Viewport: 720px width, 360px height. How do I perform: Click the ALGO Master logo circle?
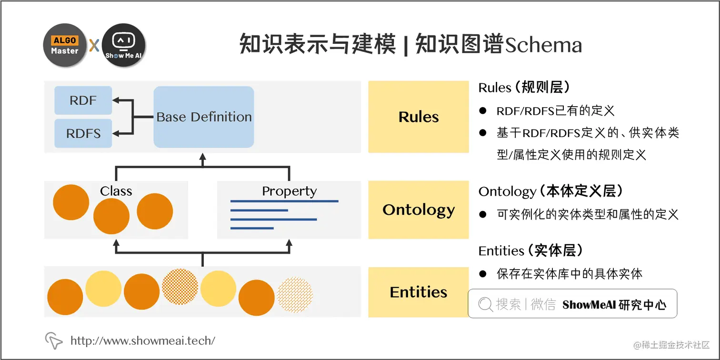(65, 46)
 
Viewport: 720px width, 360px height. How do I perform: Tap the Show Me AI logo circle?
(123, 46)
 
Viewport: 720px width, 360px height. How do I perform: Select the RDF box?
(83, 100)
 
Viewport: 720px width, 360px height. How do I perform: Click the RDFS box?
(83, 133)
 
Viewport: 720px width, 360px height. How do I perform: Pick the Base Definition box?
(204, 117)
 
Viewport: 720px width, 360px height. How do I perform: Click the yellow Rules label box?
(419, 117)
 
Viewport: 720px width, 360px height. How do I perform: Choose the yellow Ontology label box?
(419, 210)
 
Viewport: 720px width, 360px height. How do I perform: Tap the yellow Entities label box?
(419, 292)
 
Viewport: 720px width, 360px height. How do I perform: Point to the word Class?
(116, 191)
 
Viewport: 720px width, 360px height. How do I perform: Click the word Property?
(289, 191)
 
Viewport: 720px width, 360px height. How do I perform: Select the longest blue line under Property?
(284, 201)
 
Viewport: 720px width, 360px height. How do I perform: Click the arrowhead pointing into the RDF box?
(116, 100)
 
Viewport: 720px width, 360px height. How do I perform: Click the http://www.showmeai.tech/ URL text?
(143, 340)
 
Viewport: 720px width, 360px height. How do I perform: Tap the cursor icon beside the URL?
(53, 340)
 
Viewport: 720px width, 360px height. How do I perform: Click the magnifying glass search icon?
(485, 304)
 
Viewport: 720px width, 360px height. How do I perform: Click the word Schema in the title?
(543, 46)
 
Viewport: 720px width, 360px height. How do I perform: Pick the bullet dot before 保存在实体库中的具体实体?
(483, 274)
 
